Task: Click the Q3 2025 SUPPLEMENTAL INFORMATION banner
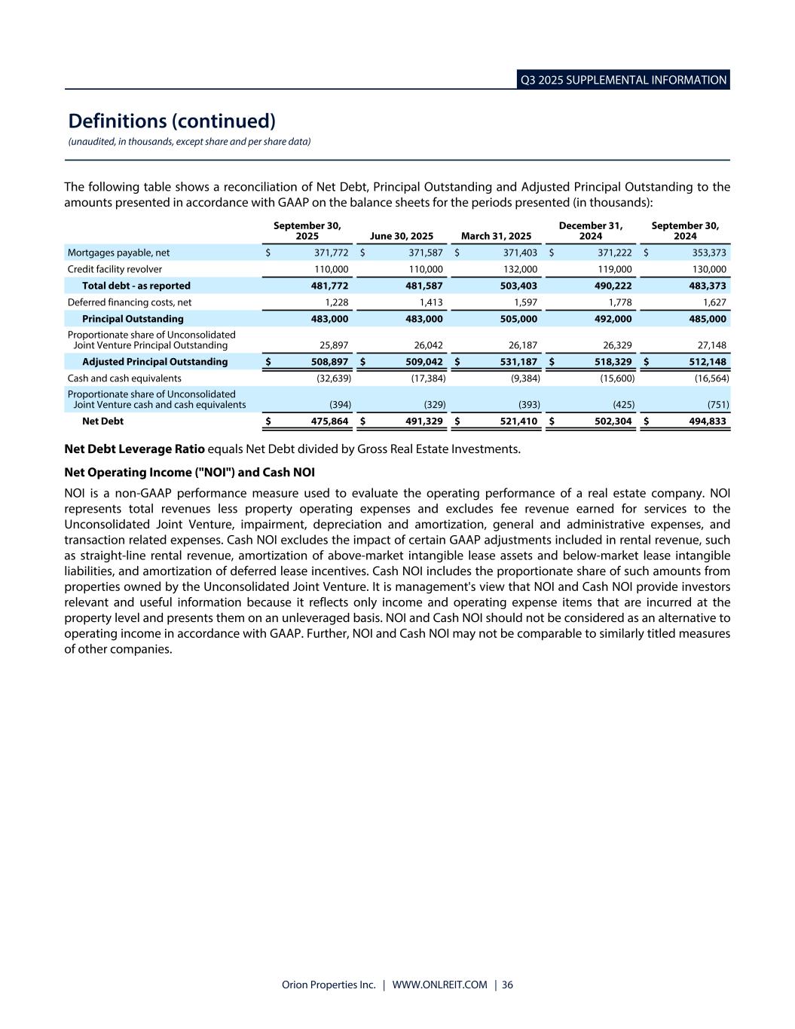click(623, 80)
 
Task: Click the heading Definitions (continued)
click(172, 121)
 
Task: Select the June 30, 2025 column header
click(401, 236)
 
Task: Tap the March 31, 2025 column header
click(496, 236)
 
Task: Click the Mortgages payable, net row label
click(118, 253)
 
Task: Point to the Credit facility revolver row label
click(115, 269)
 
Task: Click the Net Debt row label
click(102, 421)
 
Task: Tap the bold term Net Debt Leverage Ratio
click(134, 449)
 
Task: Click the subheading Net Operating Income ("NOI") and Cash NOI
click(189, 473)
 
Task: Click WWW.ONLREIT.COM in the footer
click(440, 985)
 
